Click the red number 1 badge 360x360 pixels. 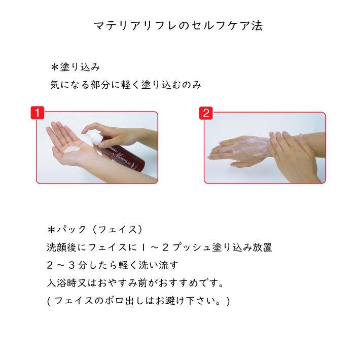tap(38, 113)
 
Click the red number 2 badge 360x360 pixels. tap(205, 113)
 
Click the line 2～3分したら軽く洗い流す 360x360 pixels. tap(112, 265)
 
